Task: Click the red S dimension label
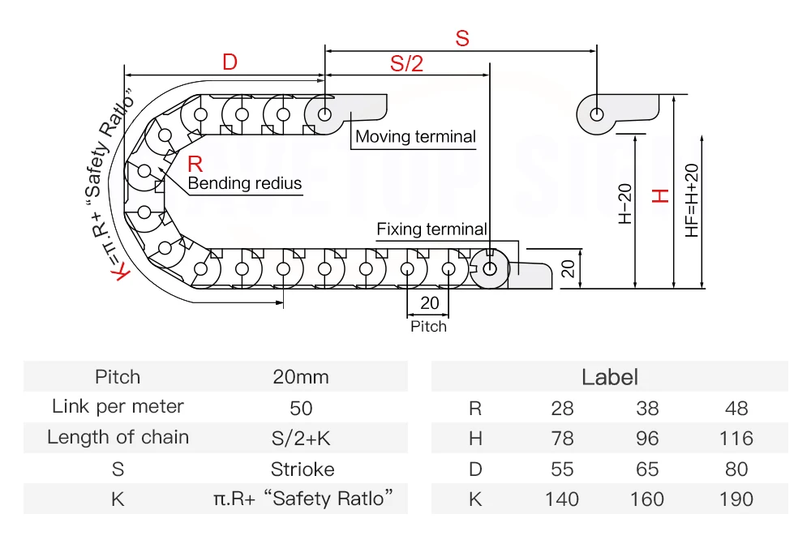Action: click(461, 38)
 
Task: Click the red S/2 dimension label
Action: click(406, 63)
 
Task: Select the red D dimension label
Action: click(230, 62)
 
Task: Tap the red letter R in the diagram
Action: click(195, 163)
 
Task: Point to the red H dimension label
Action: click(661, 195)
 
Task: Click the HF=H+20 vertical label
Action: click(692, 199)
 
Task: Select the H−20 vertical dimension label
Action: click(625, 204)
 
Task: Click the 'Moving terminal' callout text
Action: click(415, 137)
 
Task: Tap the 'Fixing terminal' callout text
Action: click(431, 229)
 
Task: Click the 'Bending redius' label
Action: click(245, 183)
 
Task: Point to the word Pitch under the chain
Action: click(428, 327)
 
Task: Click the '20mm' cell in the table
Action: click(301, 377)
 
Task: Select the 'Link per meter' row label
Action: click(118, 407)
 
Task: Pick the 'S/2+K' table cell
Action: click(301, 439)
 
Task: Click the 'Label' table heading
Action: click(610, 377)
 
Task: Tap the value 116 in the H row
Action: click(736, 439)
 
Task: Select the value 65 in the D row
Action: click(647, 469)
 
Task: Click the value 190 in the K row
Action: click(736, 499)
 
